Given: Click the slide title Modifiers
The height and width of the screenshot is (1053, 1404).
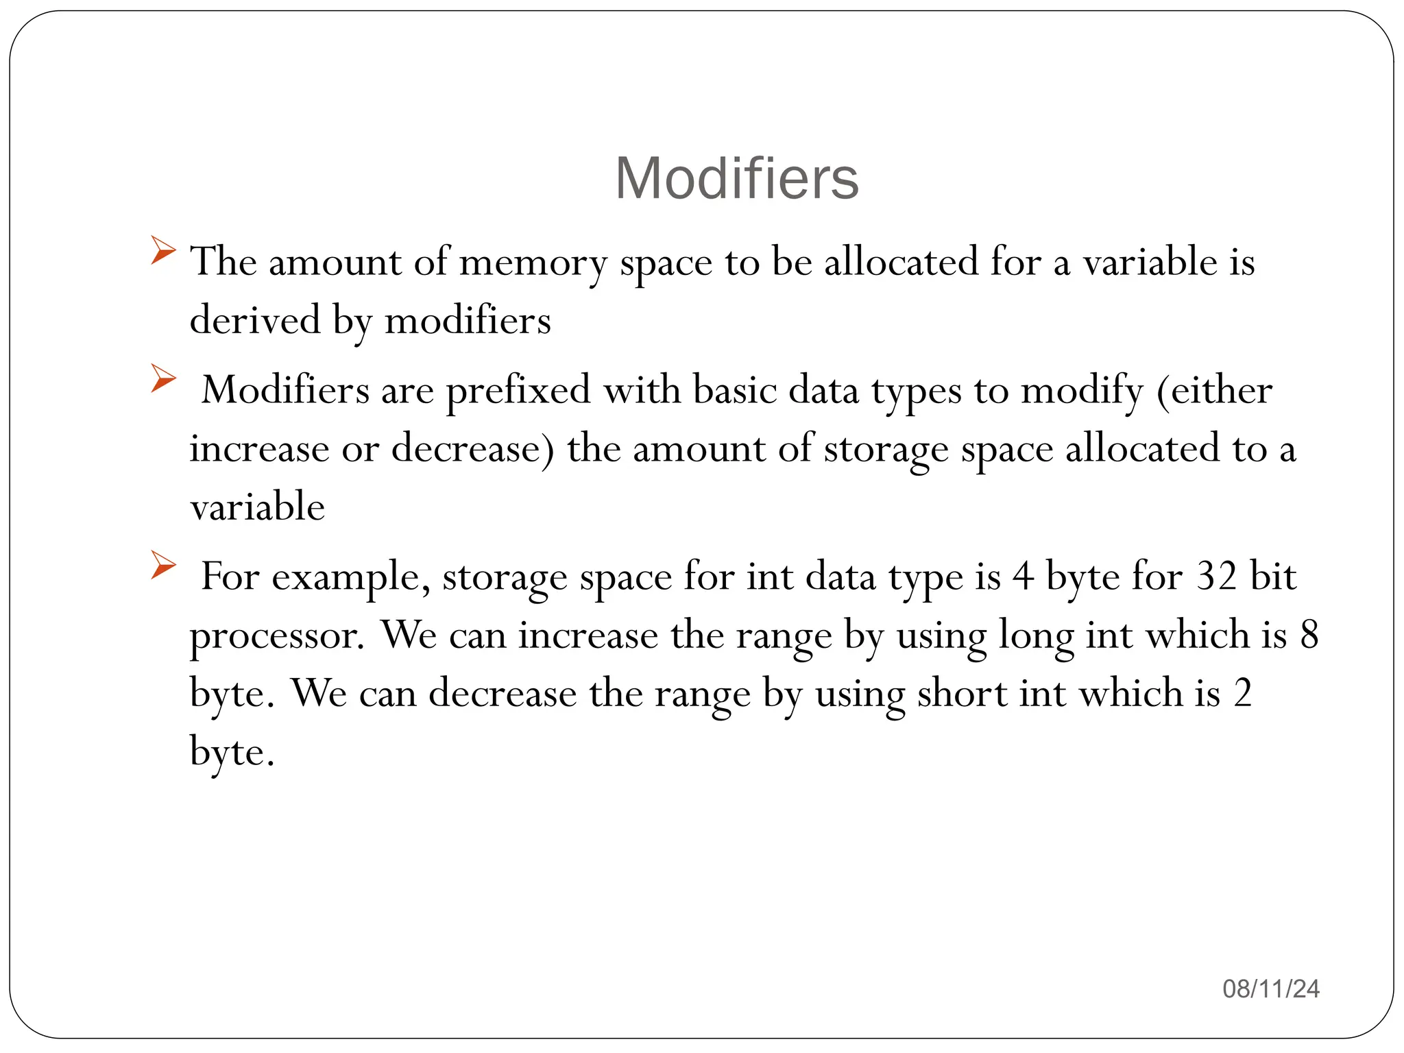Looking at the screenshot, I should point(736,178).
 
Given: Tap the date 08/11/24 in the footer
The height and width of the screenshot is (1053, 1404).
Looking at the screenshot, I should point(1271,989).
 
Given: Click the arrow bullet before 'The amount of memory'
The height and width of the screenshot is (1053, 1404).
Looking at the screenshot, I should point(163,250).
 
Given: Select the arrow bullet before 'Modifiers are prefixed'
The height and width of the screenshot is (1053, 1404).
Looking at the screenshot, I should point(163,378).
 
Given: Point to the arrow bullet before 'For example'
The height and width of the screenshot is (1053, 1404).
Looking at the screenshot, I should point(163,565).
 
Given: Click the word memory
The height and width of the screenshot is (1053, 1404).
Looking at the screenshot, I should point(533,263).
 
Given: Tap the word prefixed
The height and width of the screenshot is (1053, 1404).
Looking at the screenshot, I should point(518,391).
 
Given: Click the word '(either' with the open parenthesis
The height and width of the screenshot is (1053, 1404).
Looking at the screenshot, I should point(1214,391).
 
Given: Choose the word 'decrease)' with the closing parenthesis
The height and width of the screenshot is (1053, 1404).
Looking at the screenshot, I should point(472,449).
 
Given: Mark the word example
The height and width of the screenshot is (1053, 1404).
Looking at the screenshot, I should point(351,577).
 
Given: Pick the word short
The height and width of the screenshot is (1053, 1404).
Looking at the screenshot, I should point(962,694).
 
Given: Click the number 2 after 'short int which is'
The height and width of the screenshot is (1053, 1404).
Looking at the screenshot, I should point(1243,694).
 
